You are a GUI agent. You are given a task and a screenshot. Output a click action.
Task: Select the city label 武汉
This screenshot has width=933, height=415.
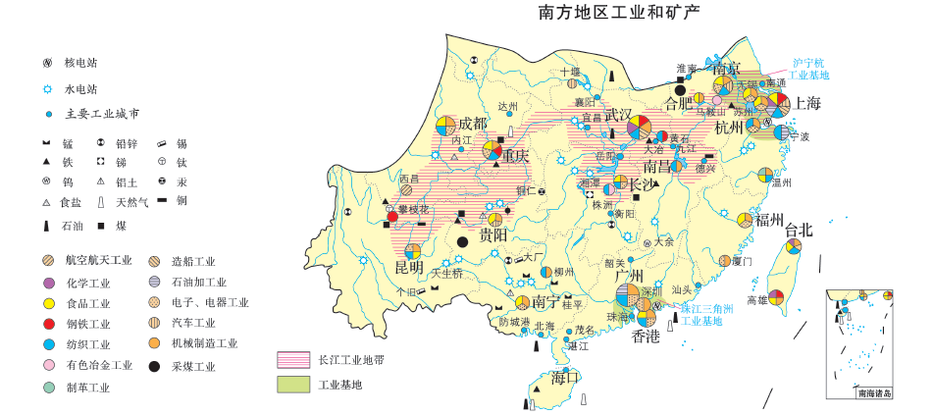618,115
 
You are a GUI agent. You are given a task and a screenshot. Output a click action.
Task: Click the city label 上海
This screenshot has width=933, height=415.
807,102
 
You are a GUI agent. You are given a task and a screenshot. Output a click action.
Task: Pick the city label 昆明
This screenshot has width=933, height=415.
409,267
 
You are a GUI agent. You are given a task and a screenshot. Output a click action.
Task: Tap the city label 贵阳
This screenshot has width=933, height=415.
492,235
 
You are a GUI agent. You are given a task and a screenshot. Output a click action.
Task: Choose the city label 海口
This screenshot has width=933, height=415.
566,376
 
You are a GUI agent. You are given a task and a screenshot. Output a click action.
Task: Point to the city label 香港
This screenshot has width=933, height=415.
646,336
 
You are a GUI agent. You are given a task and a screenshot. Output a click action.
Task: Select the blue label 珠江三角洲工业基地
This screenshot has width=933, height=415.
707,314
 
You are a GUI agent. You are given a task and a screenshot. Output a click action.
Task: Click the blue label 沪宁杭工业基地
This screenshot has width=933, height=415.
809,68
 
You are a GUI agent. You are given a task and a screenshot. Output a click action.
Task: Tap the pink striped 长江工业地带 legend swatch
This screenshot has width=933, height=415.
293,360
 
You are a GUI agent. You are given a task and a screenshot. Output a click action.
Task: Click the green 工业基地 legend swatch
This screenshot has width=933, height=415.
293,385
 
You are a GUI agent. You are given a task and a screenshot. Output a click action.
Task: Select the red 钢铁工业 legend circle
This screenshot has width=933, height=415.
48,324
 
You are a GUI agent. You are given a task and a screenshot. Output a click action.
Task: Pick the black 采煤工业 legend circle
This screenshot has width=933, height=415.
155,367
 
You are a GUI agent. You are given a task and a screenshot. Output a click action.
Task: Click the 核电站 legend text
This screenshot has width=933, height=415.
81,63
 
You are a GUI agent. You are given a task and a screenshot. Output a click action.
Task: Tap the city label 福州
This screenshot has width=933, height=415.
769,219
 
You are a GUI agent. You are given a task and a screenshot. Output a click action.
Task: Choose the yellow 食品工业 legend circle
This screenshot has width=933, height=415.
48,303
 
